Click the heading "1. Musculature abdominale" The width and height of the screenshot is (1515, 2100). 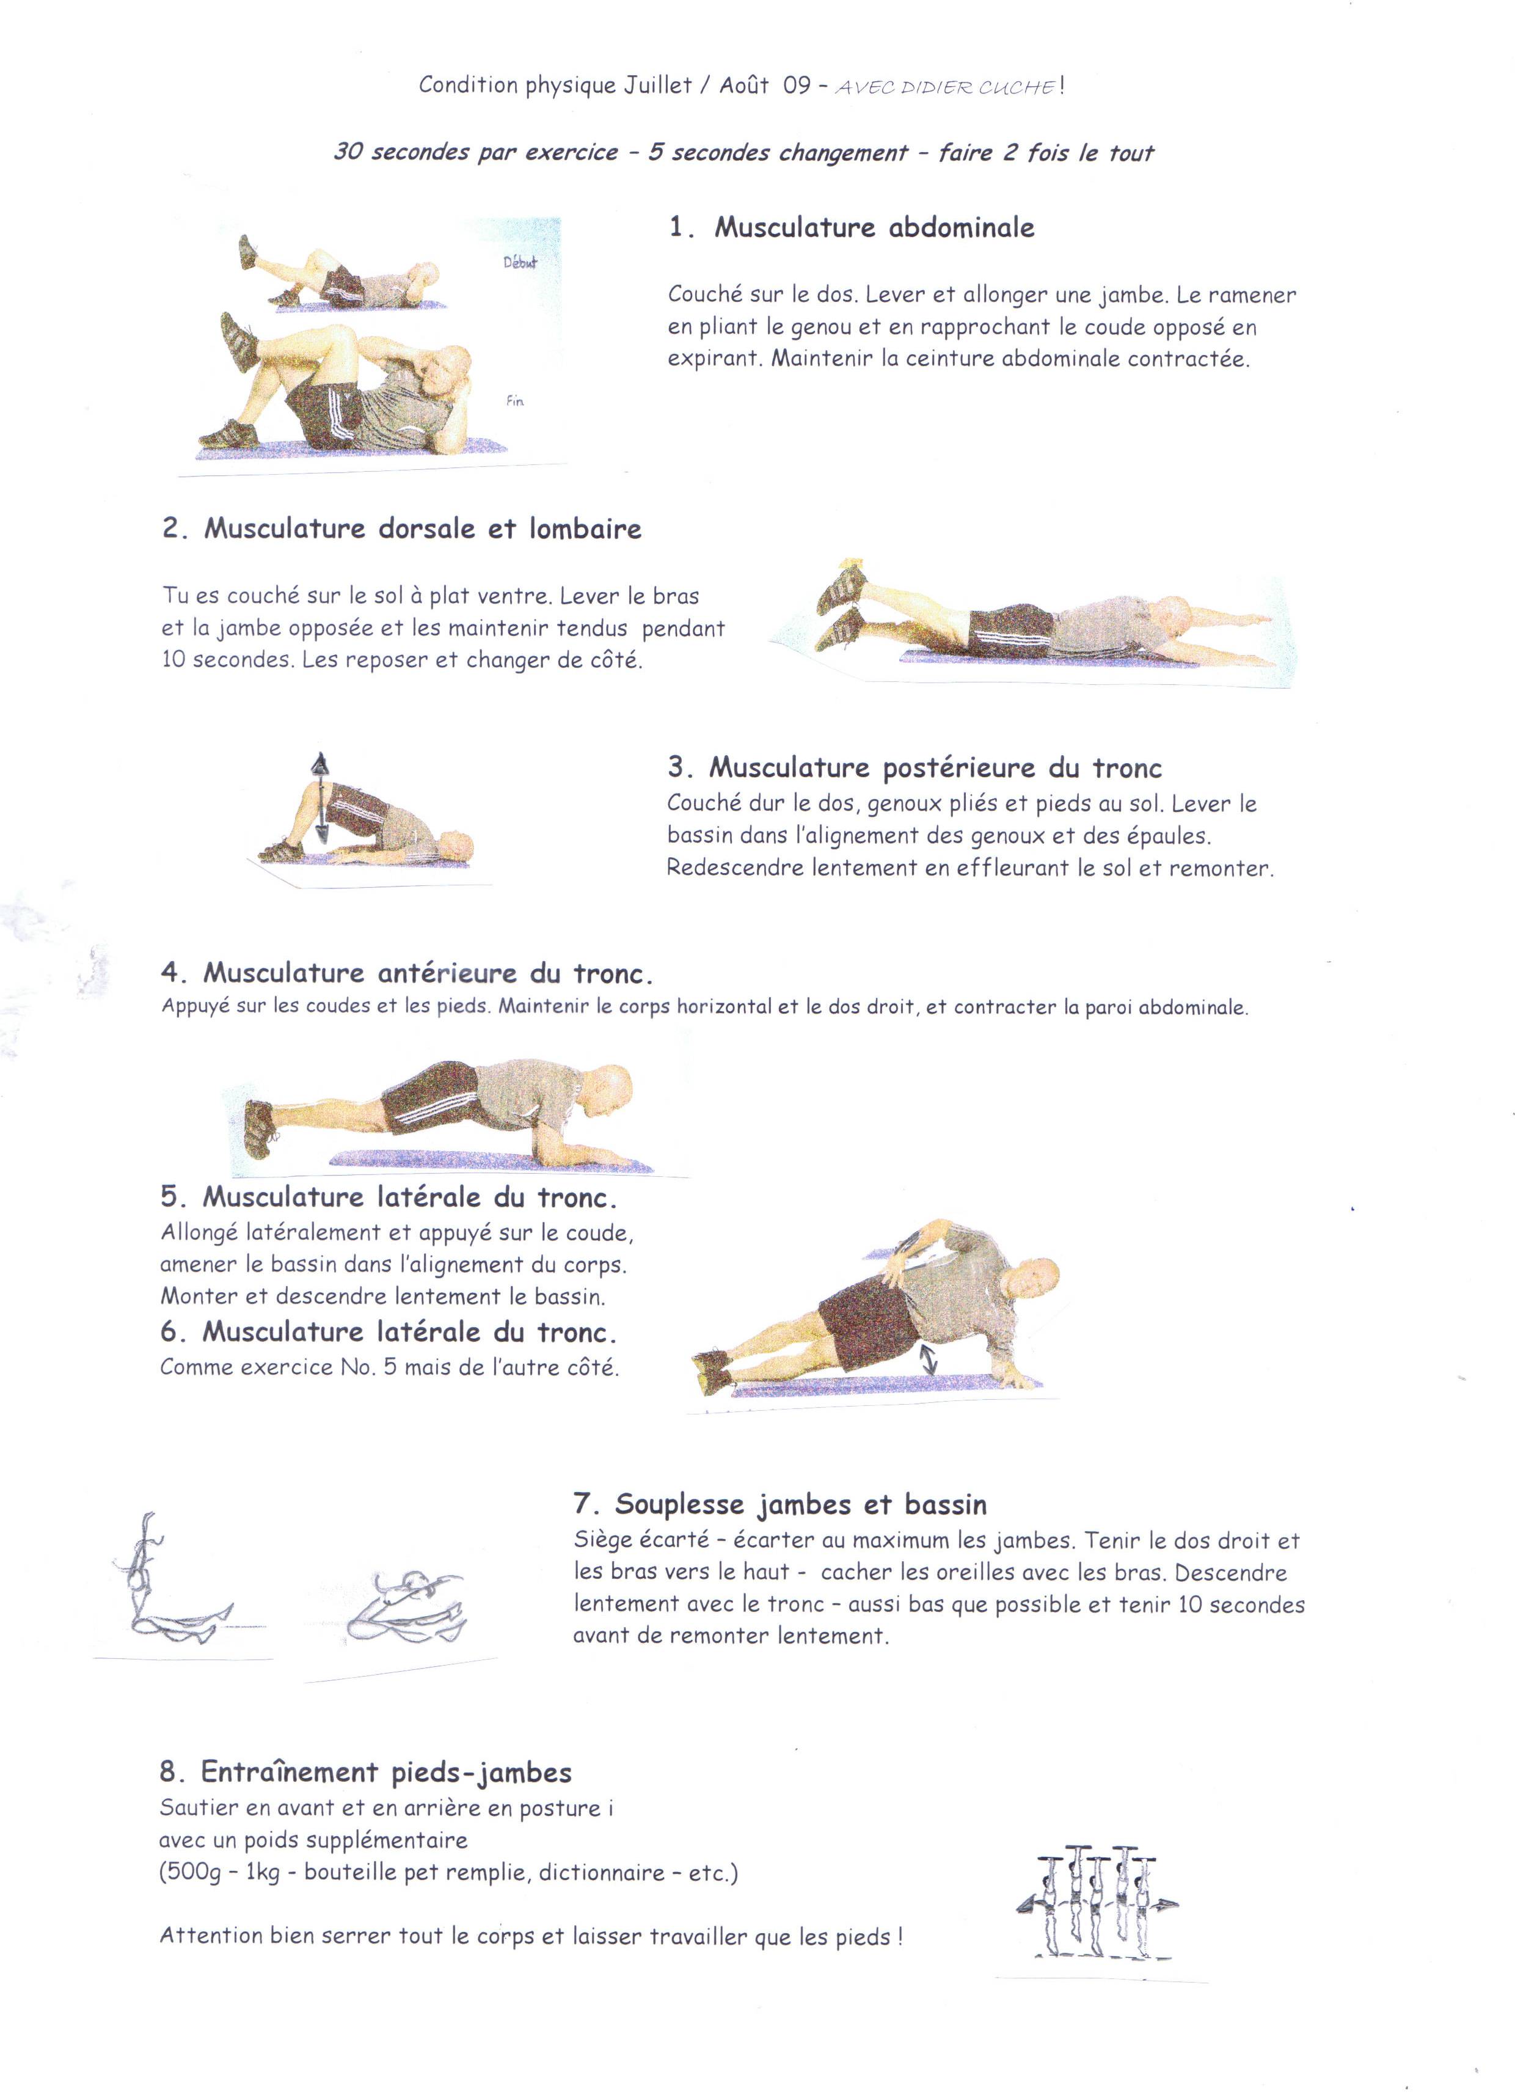851,228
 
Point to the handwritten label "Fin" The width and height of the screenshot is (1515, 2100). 515,402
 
